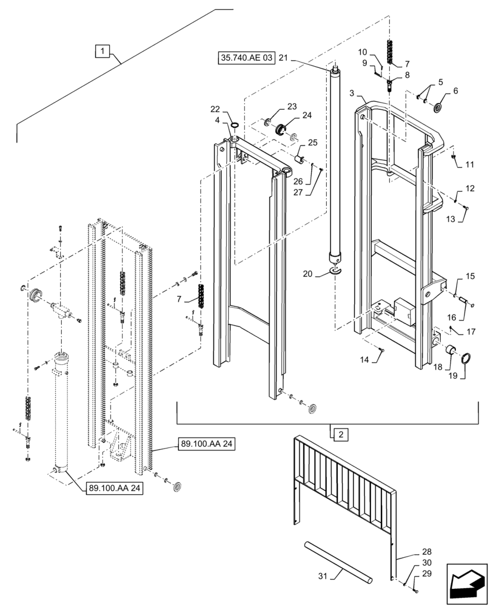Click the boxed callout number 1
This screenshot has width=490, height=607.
(x=102, y=51)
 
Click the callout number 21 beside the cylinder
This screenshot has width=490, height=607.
(x=283, y=58)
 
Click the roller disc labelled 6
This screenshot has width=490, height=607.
(x=437, y=109)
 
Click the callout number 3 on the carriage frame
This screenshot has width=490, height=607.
(x=352, y=93)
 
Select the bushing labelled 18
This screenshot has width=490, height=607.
(x=451, y=351)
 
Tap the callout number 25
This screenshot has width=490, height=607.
(x=312, y=143)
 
